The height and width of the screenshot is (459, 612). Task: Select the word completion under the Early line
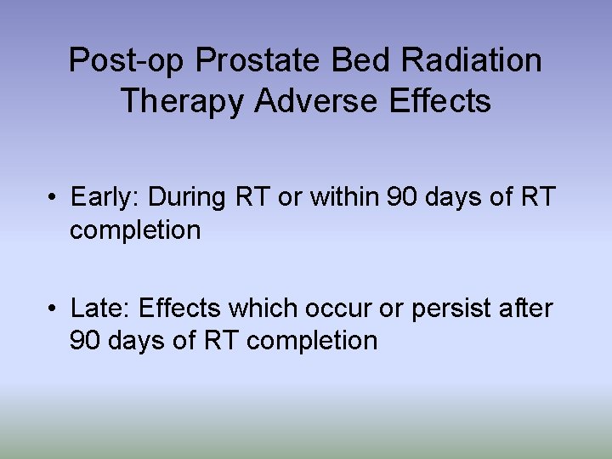click(x=135, y=230)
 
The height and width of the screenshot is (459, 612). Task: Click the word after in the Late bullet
click(x=528, y=308)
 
